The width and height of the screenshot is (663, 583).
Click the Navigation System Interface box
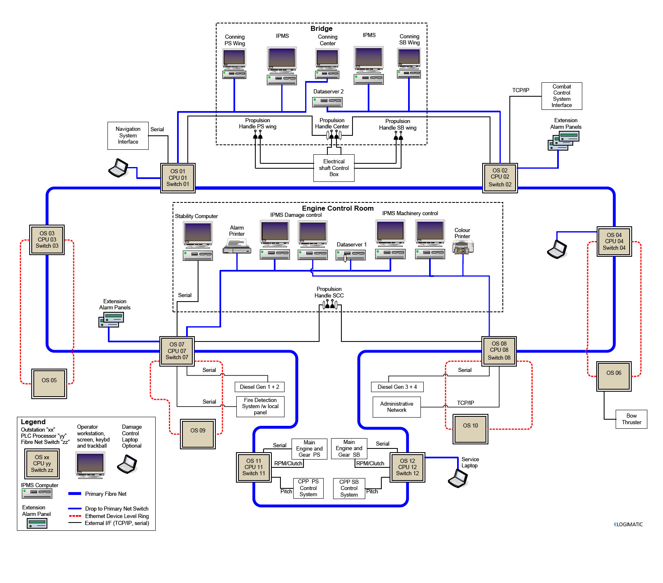point(128,135)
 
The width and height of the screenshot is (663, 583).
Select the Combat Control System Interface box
point(562,96)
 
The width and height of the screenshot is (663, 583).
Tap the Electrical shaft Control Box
point(334,168)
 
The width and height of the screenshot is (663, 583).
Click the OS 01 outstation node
point(178,178)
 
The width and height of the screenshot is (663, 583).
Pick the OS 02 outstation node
point(500,177)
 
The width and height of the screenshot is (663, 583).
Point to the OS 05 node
point(49,383)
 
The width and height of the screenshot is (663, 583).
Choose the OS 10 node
point(471,429)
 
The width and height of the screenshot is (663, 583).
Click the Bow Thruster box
point(631,419)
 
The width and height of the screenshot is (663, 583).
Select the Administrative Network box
point(397,407)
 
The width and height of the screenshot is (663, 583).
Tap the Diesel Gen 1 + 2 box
point(259,387)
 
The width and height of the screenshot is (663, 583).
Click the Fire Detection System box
point(260,406)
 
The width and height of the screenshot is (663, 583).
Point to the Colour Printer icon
point(463,247)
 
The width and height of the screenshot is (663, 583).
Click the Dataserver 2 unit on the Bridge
point(327,101)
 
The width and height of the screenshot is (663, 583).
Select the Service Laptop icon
point(458,478)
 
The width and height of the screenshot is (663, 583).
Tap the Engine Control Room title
point(338,208)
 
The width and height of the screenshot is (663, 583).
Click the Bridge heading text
point(321,28)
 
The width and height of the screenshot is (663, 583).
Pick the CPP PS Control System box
point(308,488)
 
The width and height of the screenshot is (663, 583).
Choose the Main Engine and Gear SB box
point(349,448)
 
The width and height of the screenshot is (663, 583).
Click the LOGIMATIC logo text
point(628,524)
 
